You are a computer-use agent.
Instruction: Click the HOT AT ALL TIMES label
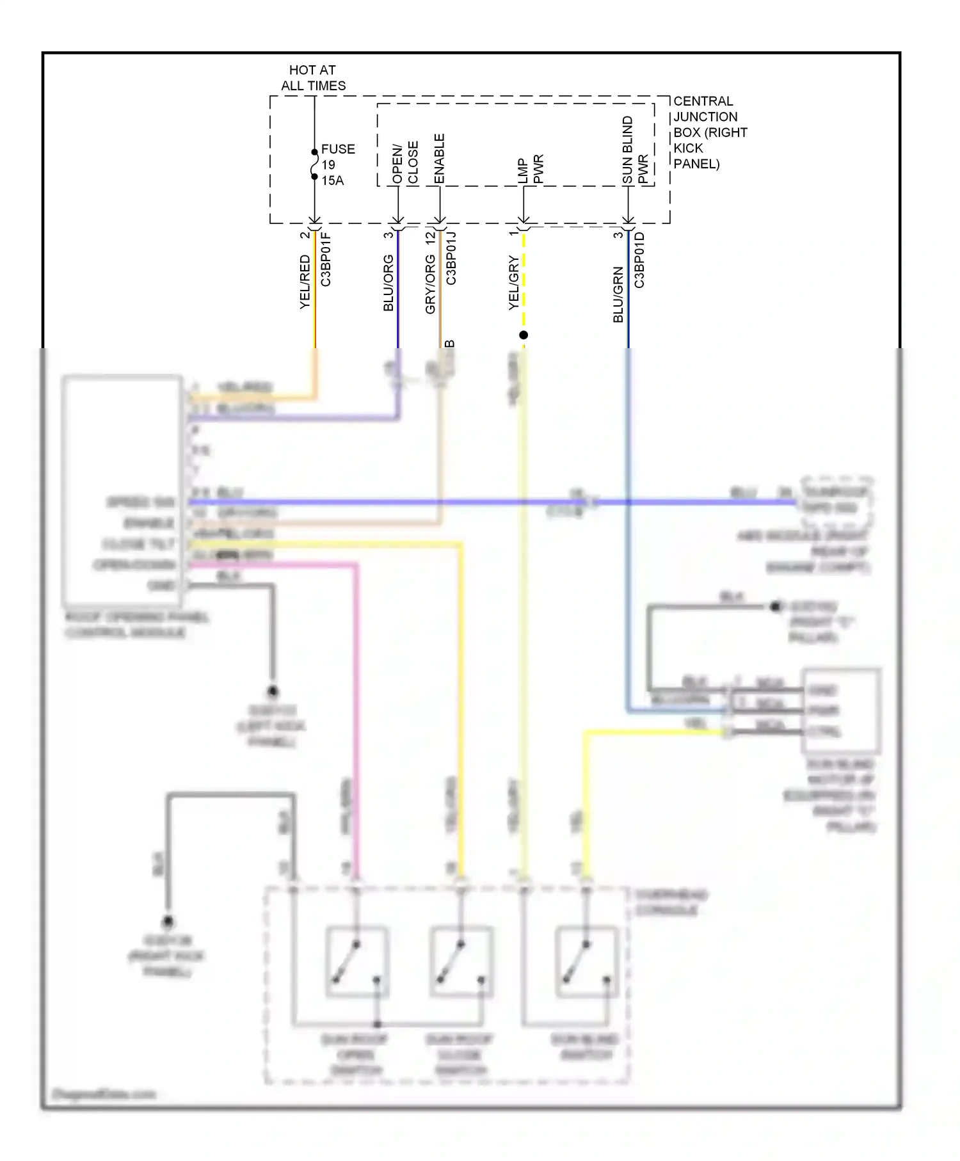tap(313, 77)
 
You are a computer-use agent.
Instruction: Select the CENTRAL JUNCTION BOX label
tap(709, 132)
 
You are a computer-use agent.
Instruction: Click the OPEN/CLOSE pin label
tap(404, 163)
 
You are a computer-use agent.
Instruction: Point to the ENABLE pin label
tap(439, 159)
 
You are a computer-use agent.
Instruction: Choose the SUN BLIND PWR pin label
tap(635, 151)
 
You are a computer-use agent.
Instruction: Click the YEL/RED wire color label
tap(305, 282)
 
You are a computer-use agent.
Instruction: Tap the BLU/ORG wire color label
tap(388, 283)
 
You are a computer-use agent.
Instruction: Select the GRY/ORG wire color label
tap(430, 284)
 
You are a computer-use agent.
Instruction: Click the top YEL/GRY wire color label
tap(513, 283)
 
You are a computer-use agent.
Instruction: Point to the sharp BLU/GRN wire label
tap(618, 294)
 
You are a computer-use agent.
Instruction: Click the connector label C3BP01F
tap(326, 259)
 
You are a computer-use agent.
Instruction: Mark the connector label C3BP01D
tap(639, 260)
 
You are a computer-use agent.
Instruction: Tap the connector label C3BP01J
tap(451, 258)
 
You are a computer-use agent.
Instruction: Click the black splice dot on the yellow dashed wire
tap(524, 335)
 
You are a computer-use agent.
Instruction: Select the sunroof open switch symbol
tap(357, 961)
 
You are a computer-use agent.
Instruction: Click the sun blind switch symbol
tap(586, 961)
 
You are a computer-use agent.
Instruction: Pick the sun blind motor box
tap(841, 710)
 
